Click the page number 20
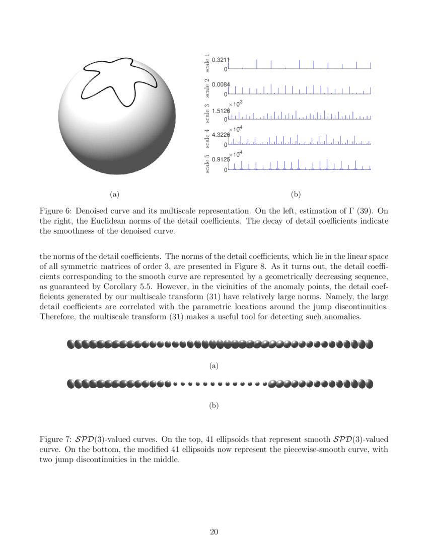(214, 532)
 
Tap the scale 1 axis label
(207, 62)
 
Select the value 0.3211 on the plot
(221, 60)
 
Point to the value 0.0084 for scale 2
(221, 84)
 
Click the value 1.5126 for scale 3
(221, 110)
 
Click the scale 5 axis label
(207, 163)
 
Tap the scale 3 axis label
(207, 113)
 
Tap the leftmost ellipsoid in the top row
(70, 344)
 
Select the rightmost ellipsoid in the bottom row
(369, 384)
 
